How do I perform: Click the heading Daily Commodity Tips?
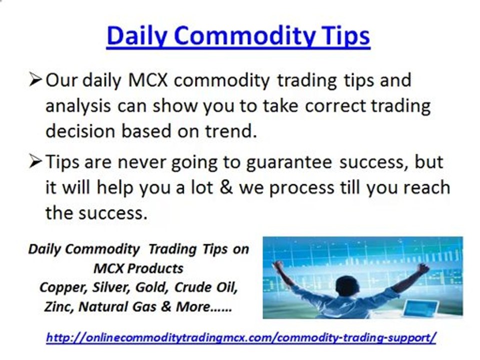coord(238,36)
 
